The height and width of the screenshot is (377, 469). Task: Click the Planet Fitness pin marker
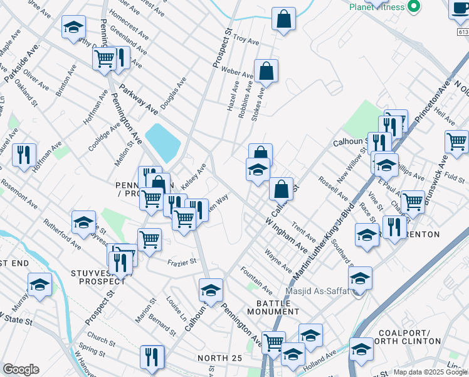click(x=413, y=6)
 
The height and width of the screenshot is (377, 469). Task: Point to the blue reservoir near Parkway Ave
click(x=162, y=142)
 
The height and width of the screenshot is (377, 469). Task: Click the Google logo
click(x=21, y=369)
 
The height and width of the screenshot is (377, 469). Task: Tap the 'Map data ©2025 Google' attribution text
click(x=429, y=372)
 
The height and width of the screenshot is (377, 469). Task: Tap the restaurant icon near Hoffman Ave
click(x=24, y=154)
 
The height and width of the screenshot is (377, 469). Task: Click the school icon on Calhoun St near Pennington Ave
click(x=211, y=290)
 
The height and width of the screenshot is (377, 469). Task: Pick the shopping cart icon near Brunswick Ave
click(x=456, y=140)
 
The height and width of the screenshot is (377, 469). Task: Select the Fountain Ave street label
click(x=256, y=280)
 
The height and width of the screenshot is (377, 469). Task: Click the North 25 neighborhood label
click(x=219, y=358)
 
